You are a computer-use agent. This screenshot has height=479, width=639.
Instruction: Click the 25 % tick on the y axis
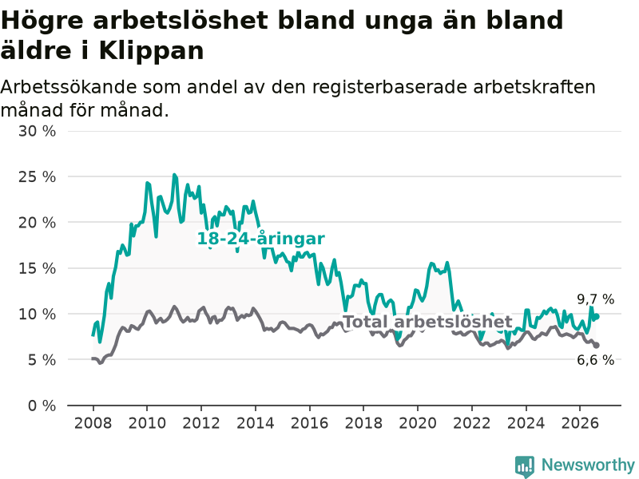point(37,176)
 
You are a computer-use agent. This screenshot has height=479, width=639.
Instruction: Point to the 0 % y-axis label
point(42,406)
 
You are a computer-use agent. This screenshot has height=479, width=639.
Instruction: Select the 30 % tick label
point(37,131)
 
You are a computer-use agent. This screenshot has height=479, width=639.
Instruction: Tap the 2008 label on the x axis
point(93,423)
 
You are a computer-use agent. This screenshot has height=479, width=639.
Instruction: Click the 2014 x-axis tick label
point(256,423)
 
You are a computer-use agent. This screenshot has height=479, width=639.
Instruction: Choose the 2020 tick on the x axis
point(418,423)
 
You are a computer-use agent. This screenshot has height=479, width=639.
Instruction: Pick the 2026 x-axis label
point(580,423)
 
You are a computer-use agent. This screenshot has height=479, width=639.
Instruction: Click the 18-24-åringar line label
point(261,239)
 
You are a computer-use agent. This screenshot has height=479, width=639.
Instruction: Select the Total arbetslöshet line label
point(428,322)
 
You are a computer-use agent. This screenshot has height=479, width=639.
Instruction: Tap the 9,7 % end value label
point(595,299)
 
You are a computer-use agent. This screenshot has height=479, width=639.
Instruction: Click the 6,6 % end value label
point(595,360)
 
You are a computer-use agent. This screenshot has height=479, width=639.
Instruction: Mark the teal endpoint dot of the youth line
point(597,316)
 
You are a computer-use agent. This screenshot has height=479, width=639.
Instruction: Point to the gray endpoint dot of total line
point(597,346)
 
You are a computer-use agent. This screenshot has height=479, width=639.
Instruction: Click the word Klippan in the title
point(151,51)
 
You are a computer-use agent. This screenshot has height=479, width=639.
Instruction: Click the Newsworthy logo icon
point(525,466)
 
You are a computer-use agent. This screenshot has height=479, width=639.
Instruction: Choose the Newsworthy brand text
point(588,465)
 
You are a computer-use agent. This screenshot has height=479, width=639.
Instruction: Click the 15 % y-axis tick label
point(37,268)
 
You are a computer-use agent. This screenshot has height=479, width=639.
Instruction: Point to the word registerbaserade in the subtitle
point(390,87)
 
